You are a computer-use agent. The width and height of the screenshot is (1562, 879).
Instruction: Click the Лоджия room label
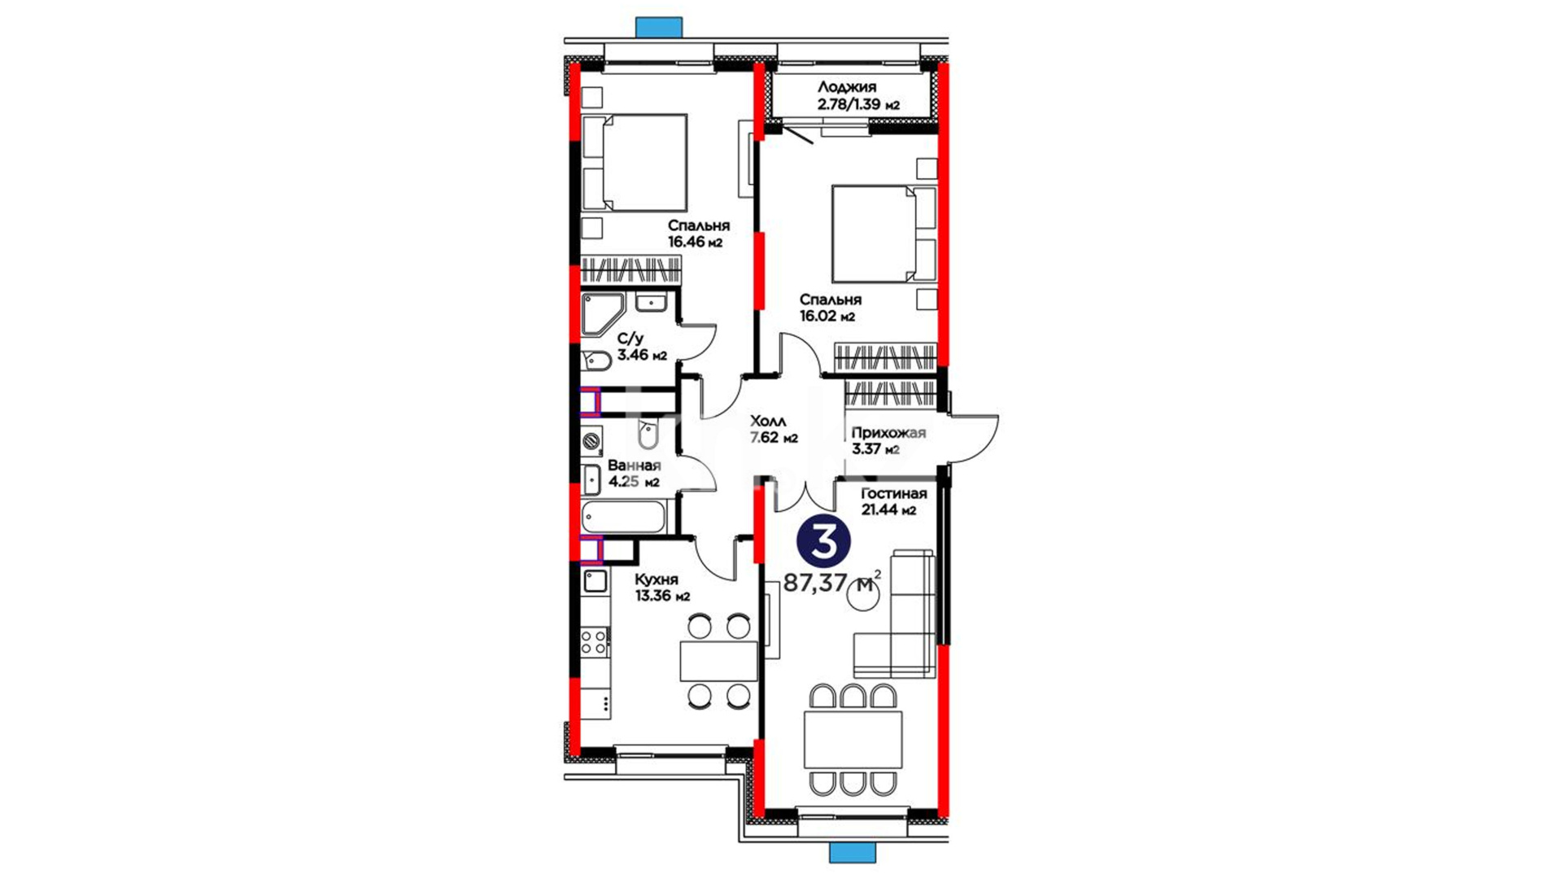[847, 88]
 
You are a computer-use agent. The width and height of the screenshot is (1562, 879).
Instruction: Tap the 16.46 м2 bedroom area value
[695, 242]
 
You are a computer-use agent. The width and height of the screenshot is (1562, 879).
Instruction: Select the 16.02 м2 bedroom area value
[827, 317]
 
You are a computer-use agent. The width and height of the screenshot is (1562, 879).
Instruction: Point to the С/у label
[631, 339]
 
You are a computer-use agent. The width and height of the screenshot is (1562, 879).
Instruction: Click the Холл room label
[768, 421]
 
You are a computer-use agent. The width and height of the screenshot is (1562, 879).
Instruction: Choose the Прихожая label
[888, 433]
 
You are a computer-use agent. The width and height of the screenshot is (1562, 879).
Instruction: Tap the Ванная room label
[634, 466]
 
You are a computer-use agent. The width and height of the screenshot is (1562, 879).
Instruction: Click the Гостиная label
[894, 494]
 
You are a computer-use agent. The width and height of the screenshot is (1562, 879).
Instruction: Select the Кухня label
[656, 579]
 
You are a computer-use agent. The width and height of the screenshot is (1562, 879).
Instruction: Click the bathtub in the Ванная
[624, 518]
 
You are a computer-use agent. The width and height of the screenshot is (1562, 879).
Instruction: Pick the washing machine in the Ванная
[591, 441]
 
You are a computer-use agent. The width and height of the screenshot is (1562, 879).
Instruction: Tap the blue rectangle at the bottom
[852, 852]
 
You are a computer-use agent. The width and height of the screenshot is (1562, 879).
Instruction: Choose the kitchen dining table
[718, 661]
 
